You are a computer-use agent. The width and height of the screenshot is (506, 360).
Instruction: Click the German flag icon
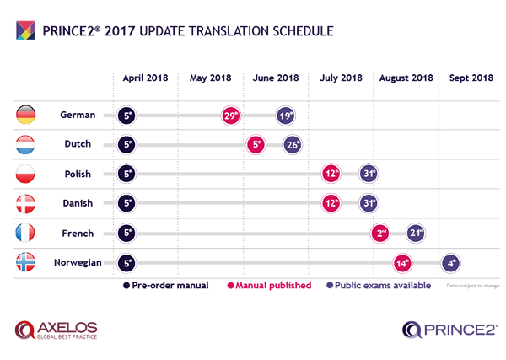(x=26, y=115)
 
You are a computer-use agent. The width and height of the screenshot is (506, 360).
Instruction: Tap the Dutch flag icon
(x=26, y=144)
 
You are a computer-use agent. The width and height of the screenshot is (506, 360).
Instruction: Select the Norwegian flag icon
(x=26, y=262)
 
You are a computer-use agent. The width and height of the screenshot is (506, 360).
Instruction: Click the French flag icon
(x=26, y=233)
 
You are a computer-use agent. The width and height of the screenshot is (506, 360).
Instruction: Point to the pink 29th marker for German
(x=230, y=116)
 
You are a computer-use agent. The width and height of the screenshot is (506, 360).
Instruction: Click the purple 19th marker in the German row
(x=287, y=116)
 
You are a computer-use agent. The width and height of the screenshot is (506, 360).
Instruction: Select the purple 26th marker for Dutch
(x=293, y=145)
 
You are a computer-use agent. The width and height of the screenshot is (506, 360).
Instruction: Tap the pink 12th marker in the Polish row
(x=331, y=175)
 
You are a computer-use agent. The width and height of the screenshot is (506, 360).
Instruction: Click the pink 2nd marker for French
(x=381, y=233)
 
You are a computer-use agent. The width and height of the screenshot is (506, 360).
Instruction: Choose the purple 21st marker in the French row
(x=414, y=233)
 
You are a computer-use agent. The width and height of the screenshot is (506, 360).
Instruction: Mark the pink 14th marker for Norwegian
(x=403, y=262)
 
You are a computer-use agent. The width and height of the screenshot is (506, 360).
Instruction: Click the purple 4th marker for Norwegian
(x=451, y=262)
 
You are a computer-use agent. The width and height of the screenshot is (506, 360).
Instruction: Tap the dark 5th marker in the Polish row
(x=127, y=175)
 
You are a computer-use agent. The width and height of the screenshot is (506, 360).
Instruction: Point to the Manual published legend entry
(x=270, y=286)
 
